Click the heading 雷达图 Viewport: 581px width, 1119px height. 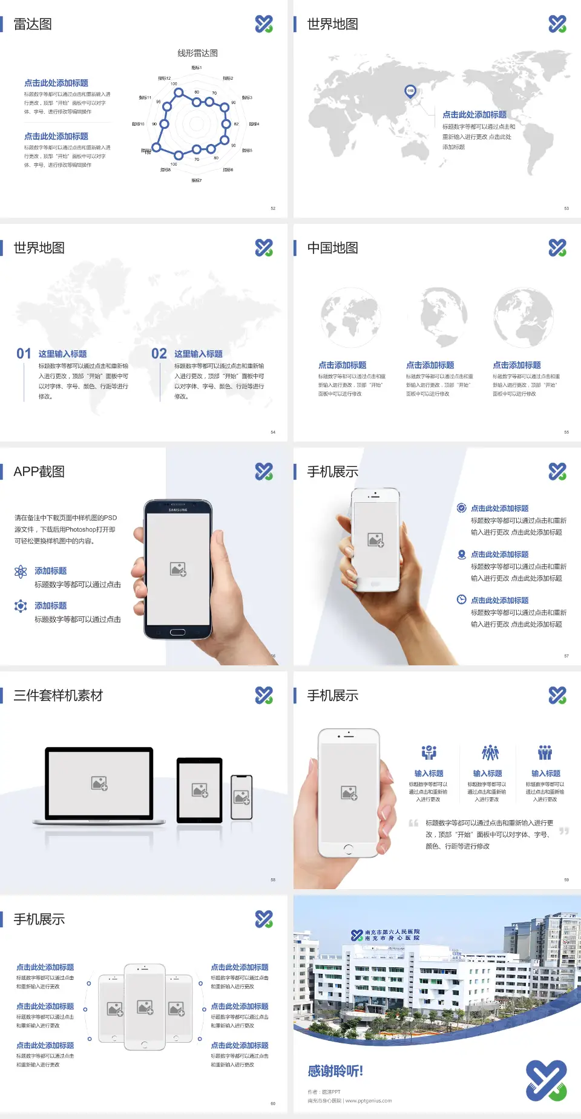pyautogui.click(x=33, y=24)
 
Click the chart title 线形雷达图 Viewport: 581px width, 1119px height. pyautogui.click(x=197, y=53)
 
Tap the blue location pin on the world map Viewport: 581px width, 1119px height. pyautogui.click(x=410, y=91)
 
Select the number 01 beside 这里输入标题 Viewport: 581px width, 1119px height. pyautogui.click(x=24, y=354)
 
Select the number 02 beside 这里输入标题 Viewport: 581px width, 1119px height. pyautogui.click(x=159, y=354)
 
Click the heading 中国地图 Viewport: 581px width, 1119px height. pyautogui.click(x=332, y=248)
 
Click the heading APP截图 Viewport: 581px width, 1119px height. pyautogui.click(x=39, y=472)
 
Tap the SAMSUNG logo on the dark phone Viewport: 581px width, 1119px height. pyautogui.click(x=178, y=510)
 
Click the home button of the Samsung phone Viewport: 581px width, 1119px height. pyautogui.click(x=177, y=632)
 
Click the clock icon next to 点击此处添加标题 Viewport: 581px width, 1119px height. pyautogui.click(x=461, y=599)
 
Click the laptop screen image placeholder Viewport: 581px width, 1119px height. pyautogui.click(x=99, y=783)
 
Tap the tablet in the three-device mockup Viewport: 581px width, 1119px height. pyautogui.click(x=200, y=789)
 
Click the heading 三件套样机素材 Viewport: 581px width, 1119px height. pyautogui.click(x=58, y=696)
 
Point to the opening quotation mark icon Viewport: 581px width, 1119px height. pyautogui.click(x=413, y=823)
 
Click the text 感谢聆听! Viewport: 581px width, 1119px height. pyautogui.click(x=335, y=1071)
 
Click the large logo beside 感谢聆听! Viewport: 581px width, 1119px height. pyautogui.click(x=546, y=1080)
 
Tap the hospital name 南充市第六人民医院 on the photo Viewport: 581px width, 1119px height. pyautogui.click(x=392, y=932)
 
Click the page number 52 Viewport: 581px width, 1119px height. pyautogui.click(x=273, y=208)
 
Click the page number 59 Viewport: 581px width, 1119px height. pyautogui.click(x=566, y=879)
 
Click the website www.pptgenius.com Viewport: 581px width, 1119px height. pyautogui.click(x=369, y=1101)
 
